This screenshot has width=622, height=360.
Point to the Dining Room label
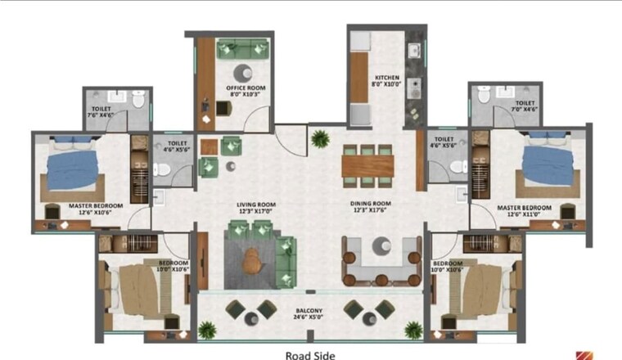371,208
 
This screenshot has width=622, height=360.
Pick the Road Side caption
310,355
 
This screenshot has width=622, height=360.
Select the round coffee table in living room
255,259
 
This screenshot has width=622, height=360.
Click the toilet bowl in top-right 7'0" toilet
485,97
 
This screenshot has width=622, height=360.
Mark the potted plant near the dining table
320,138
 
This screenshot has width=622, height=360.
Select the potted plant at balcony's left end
207,329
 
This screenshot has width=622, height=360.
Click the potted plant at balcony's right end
413,329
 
